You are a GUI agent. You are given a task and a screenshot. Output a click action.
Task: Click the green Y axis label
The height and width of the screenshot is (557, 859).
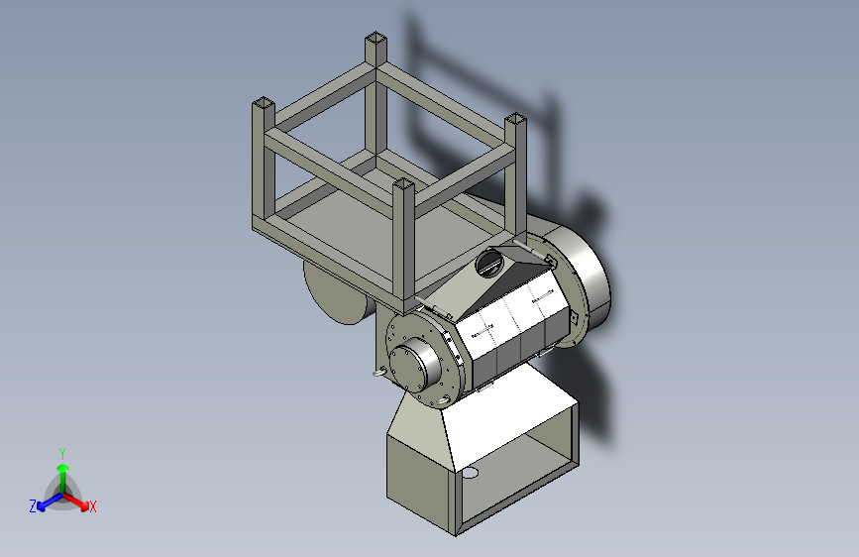62,453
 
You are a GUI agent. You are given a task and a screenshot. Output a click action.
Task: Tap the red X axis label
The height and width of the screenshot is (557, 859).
92,506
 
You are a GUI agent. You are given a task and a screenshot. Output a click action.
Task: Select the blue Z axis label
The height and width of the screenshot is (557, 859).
33,506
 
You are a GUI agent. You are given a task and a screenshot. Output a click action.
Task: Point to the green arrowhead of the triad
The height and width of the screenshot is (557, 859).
63,468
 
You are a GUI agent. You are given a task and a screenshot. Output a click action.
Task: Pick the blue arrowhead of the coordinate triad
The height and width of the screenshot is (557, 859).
42,506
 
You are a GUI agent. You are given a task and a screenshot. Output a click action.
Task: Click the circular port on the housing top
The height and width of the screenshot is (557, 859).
488,263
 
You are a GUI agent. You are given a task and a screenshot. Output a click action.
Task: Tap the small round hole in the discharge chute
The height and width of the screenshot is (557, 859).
470,473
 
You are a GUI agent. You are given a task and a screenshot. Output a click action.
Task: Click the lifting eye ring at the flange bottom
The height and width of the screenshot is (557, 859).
442,401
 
